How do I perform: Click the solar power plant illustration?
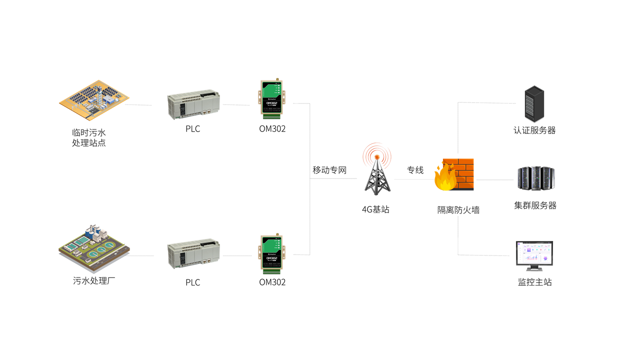94,99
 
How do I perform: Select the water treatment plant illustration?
93,248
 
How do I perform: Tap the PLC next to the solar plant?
193,104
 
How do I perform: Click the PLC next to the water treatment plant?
193,253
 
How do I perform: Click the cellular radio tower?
377,175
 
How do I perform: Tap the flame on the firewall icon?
444,177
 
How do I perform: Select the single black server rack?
534,104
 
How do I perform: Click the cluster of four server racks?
536,177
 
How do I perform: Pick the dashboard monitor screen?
534,253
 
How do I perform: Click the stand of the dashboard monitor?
534,268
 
